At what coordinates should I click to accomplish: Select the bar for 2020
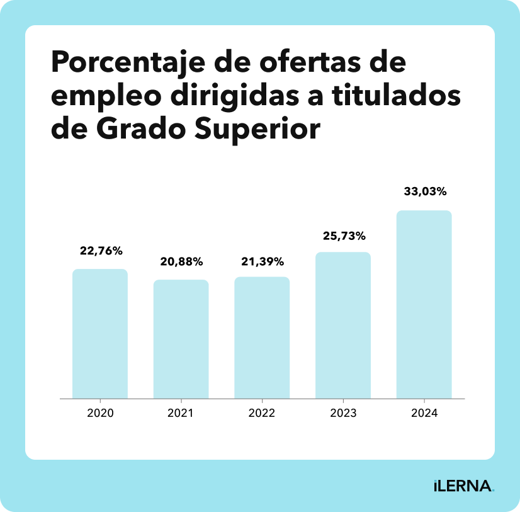point(100,334)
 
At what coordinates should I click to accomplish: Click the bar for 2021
point(181,339)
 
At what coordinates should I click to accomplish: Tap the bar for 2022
point(262,338)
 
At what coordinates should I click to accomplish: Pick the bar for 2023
point(343,325)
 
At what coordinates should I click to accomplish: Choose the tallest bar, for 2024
point(424,304)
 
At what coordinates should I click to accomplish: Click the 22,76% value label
point(101,251)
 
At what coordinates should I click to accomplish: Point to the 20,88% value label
point(181,261)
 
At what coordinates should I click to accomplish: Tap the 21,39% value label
point(263,261)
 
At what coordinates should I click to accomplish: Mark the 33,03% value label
point(425,192)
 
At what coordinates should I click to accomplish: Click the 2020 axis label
point(100,414)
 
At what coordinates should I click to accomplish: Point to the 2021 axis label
point(181,414)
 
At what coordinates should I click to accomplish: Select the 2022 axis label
point(262,414)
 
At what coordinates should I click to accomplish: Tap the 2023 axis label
point(343,414)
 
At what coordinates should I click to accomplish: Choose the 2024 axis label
point(424,414)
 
